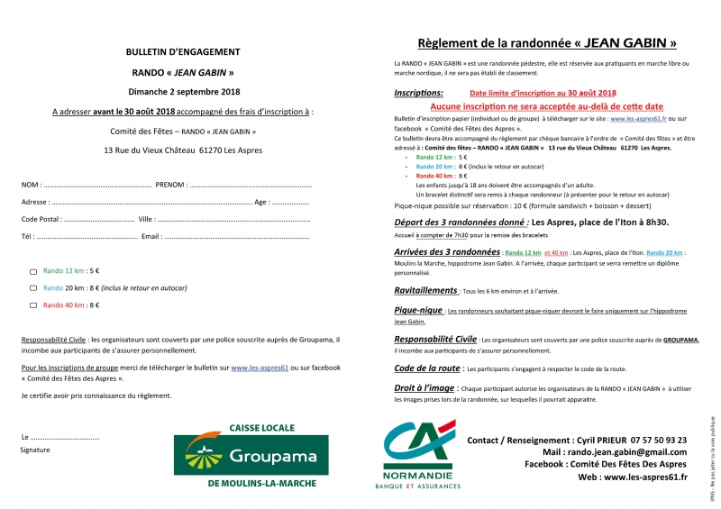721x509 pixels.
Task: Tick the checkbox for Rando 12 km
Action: (x=33, y=271)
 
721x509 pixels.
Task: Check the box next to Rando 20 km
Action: (x=33, y=288)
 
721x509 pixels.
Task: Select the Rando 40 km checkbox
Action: (x=33, y=306)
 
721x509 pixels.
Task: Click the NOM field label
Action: (x=31, y=185)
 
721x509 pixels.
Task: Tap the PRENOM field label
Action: (x=170, y=185)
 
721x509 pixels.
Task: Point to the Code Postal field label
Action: (x=41, y=219)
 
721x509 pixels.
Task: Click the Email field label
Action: (x=151, y=237)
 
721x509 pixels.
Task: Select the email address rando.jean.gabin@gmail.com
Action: (x=627, y=452)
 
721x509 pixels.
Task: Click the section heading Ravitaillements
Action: (x=426, y=291)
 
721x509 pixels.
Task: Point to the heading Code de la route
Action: (x=426, y=368)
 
